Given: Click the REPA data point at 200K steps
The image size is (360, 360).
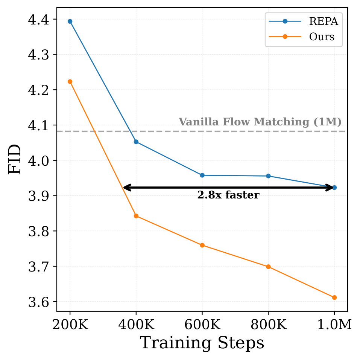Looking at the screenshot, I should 70,21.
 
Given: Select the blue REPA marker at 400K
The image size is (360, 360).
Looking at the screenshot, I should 136,142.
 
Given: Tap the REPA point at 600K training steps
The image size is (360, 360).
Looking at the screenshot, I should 202,175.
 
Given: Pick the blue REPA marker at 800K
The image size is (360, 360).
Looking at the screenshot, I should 268,176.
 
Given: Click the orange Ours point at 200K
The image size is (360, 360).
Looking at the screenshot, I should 70,82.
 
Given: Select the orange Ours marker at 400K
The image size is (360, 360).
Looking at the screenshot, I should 136,216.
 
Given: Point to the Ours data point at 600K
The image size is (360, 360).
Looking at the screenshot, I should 202,245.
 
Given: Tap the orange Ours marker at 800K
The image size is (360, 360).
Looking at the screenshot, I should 268,267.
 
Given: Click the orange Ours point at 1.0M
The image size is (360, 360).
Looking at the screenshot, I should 334,297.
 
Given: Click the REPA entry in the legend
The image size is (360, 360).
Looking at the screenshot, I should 323,21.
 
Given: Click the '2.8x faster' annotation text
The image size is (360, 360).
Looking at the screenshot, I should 228,195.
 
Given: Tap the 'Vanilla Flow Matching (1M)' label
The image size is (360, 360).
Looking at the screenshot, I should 260,122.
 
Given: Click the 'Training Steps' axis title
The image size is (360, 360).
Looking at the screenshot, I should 202,343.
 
